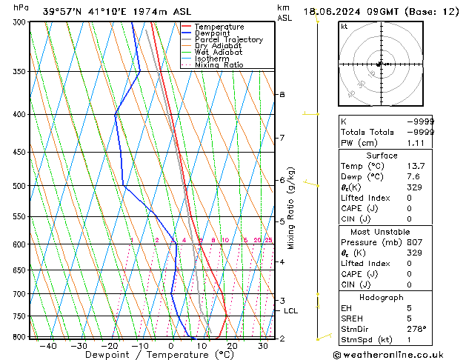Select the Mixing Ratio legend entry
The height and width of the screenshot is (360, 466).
click(219, 65)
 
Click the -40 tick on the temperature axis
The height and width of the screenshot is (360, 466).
click(48, 346)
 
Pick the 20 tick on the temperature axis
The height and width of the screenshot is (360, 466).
click(232, 346)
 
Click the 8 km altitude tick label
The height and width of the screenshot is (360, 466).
click(282, 95)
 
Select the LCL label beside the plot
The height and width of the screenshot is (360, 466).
click(290, 311)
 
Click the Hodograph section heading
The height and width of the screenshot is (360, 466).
click(382, 297)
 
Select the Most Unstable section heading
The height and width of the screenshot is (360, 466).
click(382, 231)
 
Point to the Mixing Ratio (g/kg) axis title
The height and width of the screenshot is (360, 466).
click(291, 208)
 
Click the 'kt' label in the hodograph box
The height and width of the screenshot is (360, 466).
click(344, 27)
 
